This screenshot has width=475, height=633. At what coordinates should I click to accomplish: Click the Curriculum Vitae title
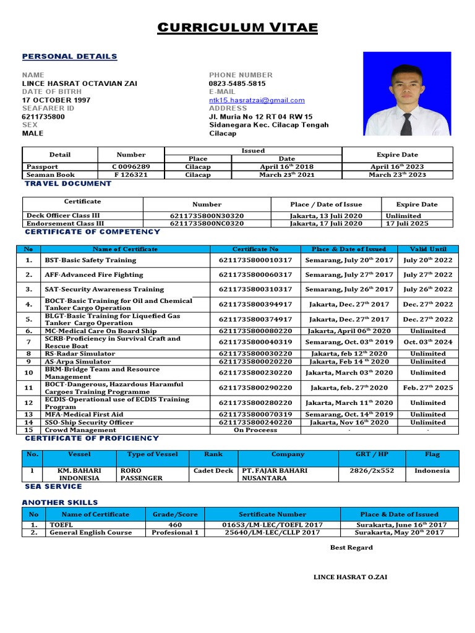pyautogui.click(x=237, y=28)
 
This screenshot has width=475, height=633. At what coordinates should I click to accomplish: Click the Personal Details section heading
pyautogui.click(x=69, y=56)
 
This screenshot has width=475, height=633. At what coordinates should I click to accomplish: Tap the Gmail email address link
pyautogui.click(x=257, y=100)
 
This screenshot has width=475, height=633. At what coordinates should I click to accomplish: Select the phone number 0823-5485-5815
pyautogui.click(x=237, y=83)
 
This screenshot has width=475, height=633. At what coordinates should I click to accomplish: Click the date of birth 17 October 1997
pyautogui.click(x=56, y=100)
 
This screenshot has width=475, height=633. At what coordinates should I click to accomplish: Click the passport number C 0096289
pyautogui.click(x=131, y=167)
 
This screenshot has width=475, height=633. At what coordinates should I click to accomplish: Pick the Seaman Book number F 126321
pyautogui.click(x=131, y=175)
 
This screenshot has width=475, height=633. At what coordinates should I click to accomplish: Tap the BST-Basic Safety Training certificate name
pyautogui.click(x=90, y=260)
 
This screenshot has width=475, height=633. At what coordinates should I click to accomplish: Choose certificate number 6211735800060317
pyautogui.click(x=255, y=274)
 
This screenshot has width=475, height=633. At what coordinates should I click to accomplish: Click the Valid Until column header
pyautogui.click(x=427, y=249)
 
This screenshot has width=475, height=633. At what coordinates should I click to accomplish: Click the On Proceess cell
pyautogui.click(x=255, y=430)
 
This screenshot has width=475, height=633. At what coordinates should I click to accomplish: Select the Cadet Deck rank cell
pyautogui.click(x=213, y=471)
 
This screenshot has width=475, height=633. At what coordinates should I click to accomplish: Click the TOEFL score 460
pyautogui.click(x=175, y=525)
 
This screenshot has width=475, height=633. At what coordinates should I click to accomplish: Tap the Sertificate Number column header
pyautogui.click(x=272, y=514)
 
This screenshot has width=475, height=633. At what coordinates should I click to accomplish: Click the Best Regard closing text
pyautogui.click(x=351, y=548)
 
